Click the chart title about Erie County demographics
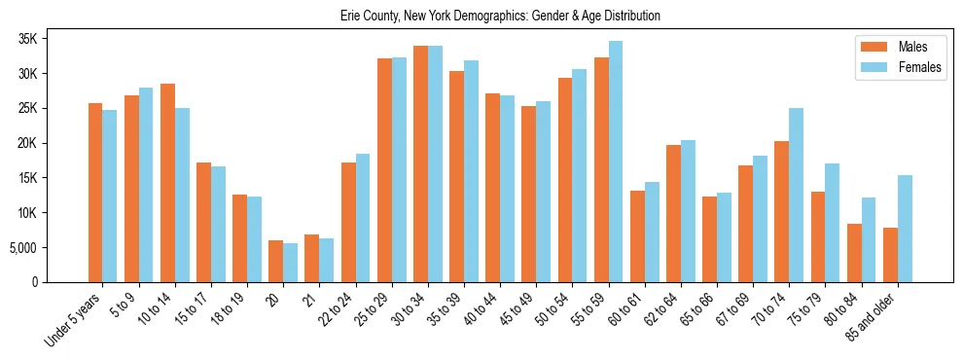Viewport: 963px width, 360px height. pos(500,16)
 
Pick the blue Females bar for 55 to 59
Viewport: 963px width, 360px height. pos(615,162)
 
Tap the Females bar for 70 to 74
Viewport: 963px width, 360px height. pos(796,195)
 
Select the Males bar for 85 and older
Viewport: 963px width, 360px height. pos(890,255)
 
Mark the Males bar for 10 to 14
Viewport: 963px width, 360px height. pos(167,183)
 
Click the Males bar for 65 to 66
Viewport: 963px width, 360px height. pos(709,239)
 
